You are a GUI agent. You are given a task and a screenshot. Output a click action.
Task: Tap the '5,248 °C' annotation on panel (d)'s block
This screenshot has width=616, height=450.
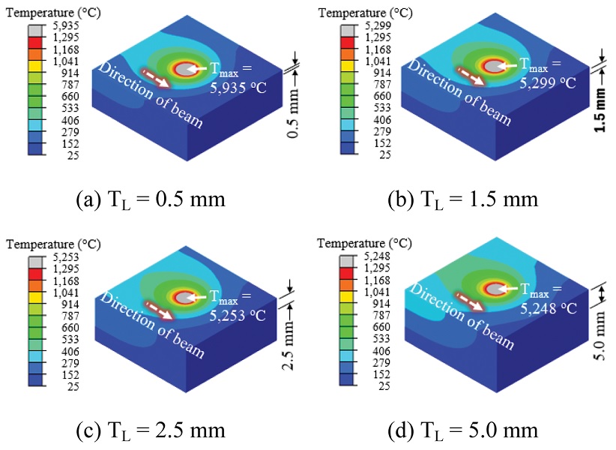(x=546, y=305)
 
